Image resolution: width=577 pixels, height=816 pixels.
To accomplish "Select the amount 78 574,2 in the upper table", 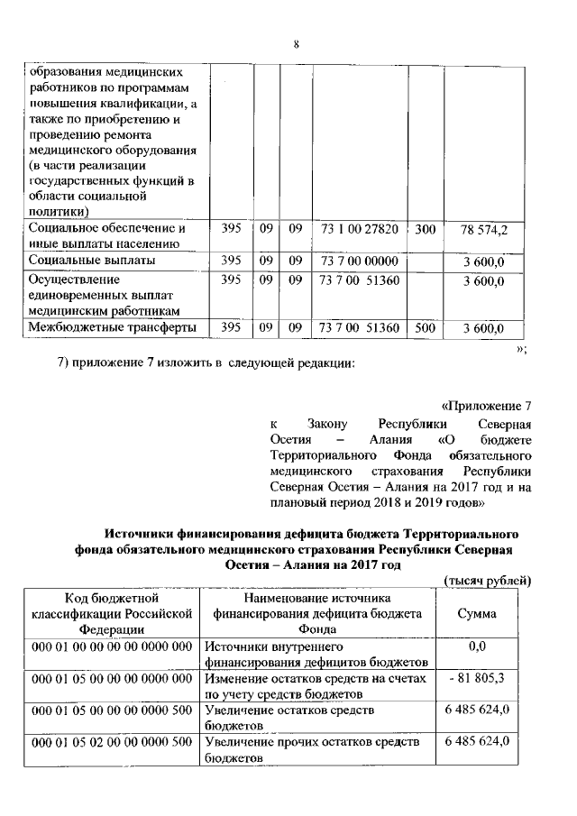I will (484, 230).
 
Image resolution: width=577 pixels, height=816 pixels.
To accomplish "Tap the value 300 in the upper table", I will (426, 230).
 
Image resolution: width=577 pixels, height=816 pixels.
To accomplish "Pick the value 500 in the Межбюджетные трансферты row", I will (426, 328).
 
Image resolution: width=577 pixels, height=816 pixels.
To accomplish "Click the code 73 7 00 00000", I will (358, 261).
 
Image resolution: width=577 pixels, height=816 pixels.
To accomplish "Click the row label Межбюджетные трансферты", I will (113, 328).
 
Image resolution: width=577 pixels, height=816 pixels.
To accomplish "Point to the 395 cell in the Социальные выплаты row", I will (231, 261).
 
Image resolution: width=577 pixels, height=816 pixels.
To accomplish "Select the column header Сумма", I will (478, 614).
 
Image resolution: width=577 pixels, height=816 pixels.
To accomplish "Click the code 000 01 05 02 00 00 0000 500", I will (111, 742).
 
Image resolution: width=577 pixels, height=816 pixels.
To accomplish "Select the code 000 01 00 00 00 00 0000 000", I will (111, 647).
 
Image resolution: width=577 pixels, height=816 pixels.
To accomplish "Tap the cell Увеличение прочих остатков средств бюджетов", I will (312, 749).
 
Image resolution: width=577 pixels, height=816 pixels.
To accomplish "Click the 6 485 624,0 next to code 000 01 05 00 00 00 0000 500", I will (478, 711).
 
